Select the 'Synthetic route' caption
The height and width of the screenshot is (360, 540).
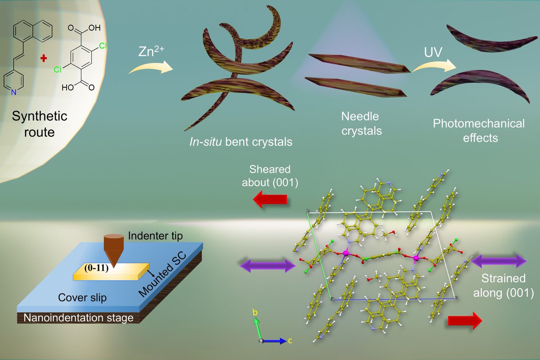40,124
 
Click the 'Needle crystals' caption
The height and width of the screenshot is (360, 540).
360,124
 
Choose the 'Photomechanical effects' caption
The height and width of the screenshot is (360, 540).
478,130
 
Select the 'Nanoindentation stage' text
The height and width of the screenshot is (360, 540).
79,318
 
